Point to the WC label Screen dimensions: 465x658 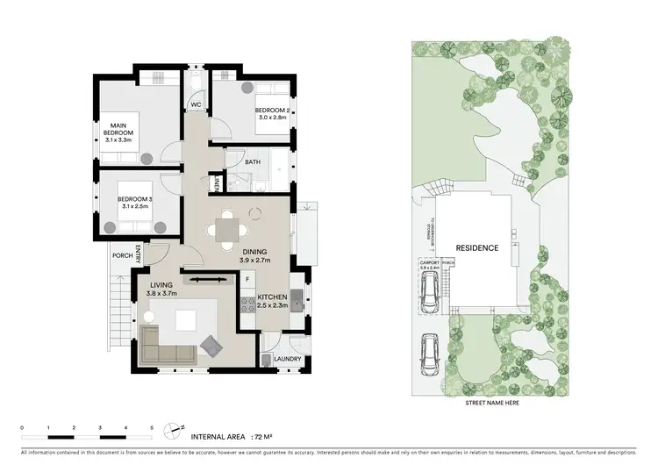198,105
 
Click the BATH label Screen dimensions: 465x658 253,162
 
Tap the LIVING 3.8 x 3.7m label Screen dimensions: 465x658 162,290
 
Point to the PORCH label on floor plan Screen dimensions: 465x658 122,256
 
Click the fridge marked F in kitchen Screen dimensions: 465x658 248,280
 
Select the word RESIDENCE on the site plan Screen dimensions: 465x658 476,248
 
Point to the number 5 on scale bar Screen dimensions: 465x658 152,426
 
